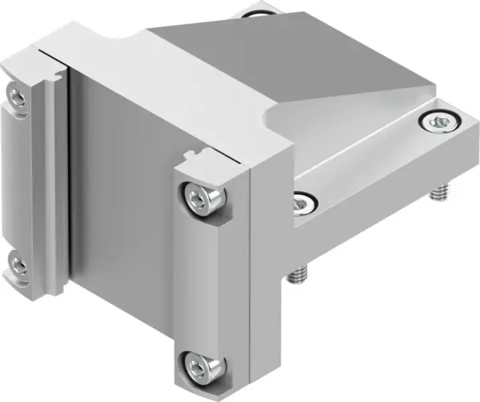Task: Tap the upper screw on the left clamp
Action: [x=17, y=96]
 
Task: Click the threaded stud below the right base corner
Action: [x=438, y=193]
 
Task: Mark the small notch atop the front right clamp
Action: [x=191, y=154]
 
